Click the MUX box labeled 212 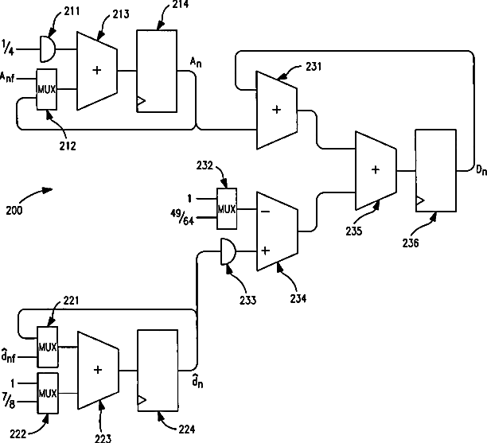point(47,89)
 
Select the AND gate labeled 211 point(48,49)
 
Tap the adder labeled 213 point(97,71)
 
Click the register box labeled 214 point(157,71)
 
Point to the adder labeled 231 point(276,111)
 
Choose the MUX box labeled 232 point(227,208)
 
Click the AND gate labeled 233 point(228,251)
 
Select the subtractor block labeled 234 point(277,231)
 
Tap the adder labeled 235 point(376,170)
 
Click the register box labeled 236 point(436,170)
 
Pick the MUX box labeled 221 point(48,347)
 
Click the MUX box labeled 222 point(48,394)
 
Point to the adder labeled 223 point(98,371)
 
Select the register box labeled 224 point(158,371)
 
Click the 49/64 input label point(182,217)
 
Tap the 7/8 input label point(9,401)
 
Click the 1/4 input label point(9,48)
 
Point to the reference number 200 point(14,211)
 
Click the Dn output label point(481,170)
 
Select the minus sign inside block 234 point(265,212)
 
